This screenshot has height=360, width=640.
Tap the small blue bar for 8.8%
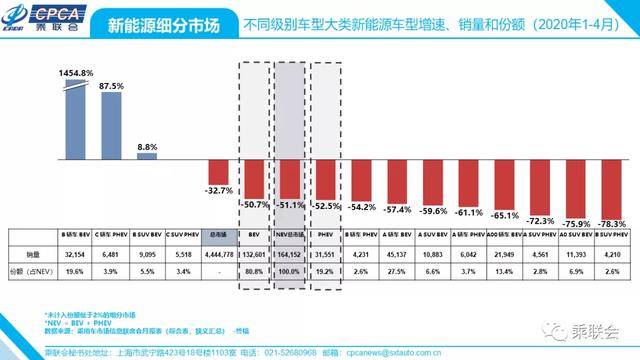point(146,155)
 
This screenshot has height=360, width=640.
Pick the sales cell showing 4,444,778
point(219,254)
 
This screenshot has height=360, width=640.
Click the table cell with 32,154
point(74,254)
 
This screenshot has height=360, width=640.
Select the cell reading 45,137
point(399,254)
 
